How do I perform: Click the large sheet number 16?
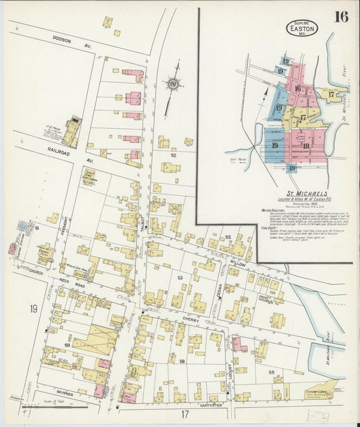[341, 16]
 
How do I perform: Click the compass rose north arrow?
[173, 84]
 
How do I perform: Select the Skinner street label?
[65, 392]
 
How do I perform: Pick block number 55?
[271, 372]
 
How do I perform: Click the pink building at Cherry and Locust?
[240, 345]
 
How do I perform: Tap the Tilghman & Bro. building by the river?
[324, 388]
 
